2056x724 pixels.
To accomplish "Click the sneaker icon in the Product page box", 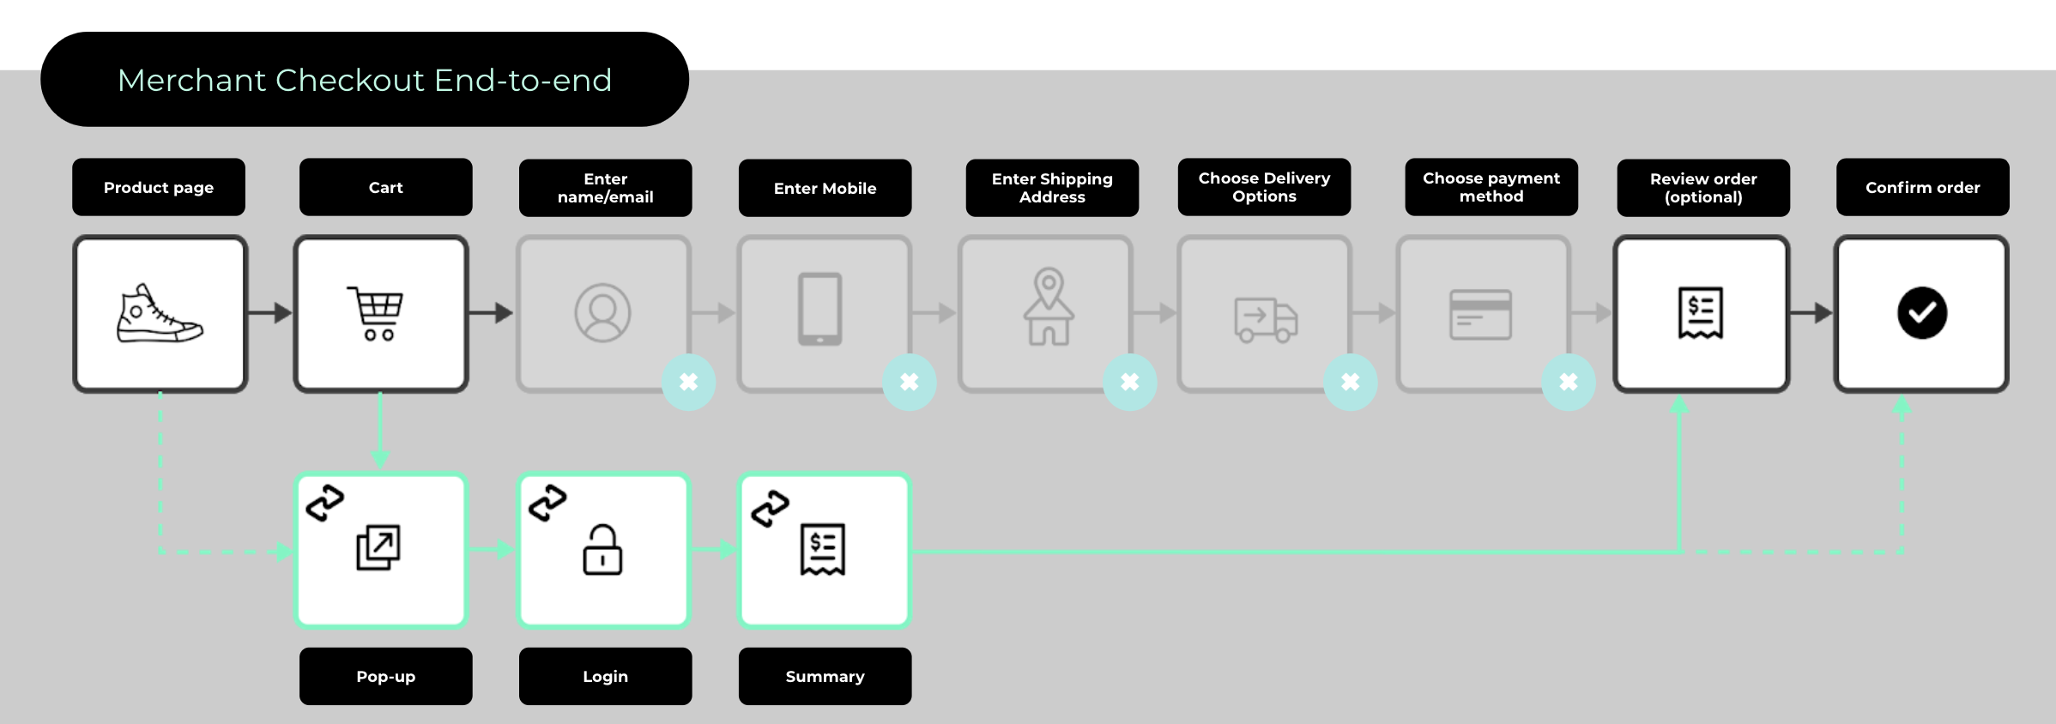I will tap(160, 315).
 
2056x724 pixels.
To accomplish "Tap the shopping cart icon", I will tap(377, 313).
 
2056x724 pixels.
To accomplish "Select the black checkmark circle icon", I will tap(1921, 313).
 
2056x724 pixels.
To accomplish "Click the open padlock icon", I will tap(602, 550).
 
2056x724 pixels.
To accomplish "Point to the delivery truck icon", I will tap(1266, 320).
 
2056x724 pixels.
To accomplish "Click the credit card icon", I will tap(1480, 315).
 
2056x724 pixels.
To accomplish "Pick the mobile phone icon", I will tap(819, 310).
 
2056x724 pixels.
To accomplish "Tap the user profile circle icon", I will tap(602, 313).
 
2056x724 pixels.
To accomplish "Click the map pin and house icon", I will tap(1049, 307).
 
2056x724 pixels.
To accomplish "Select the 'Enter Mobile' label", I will tap(825, 188).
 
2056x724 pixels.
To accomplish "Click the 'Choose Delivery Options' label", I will tap(1264, 187).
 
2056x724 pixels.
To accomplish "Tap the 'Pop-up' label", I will tap(385, 676).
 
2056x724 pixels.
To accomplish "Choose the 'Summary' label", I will tap(825, 676).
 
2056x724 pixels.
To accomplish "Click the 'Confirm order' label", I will tap(1922, 187).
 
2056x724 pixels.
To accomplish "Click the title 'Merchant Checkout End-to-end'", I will tap(365, 80).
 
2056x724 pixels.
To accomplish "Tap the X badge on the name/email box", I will tap(688, 382).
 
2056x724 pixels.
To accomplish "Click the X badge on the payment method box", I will tap(1568, 382).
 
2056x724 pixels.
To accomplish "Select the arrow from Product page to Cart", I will tap(270, 313).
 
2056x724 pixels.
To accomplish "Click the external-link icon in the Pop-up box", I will tap(378, 547).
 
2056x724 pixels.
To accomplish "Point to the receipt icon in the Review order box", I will tap(1700, 313).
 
